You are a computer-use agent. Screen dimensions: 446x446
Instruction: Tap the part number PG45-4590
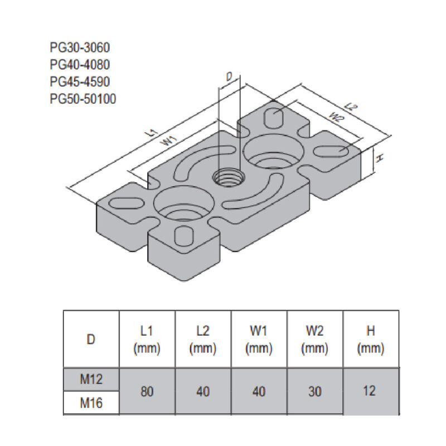pyautogui.click(x=80, y=81)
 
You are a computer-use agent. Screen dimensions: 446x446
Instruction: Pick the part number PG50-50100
pyautogui.click(x=83, y=99)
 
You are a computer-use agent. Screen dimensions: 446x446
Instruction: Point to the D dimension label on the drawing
pyautogui.click(x=228, y=77)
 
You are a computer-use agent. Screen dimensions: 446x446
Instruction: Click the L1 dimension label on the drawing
pyautogui.click(x=149, y=132)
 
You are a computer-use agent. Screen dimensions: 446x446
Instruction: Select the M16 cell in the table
pyautogui.click(x=91, y=403)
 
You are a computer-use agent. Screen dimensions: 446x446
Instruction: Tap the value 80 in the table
pyautogui.click(x=147, y=391)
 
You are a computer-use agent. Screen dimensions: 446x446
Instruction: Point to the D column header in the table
pyautogui.click(x=91, y=339)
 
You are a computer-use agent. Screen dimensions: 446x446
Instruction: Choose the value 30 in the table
pyautogui.click(x=314, y=391)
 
